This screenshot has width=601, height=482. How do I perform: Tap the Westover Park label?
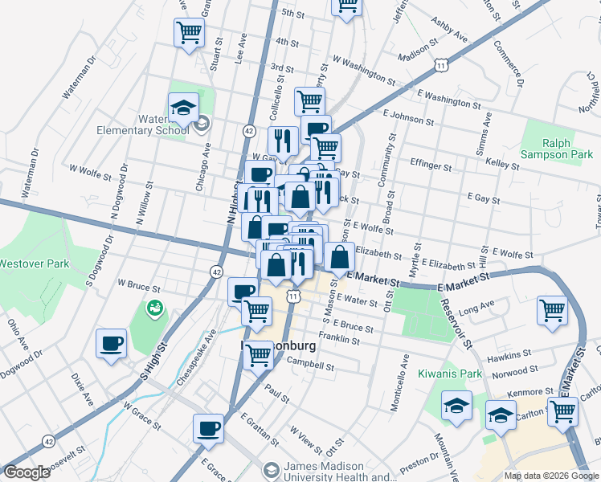pos(35,263)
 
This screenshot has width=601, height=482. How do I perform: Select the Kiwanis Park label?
pos(449,374)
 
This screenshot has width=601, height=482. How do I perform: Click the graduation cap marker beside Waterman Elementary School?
pos(183,107)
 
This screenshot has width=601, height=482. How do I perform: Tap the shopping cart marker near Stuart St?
pos(189,33)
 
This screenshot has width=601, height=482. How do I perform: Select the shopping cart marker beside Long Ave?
pos(552,310)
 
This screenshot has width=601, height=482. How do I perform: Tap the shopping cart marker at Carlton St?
pos(562,411)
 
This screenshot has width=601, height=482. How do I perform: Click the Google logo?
pos(27,472)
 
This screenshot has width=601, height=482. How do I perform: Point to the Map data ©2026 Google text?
pos(551,476)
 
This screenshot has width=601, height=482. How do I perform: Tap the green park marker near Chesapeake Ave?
pos(153,308)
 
